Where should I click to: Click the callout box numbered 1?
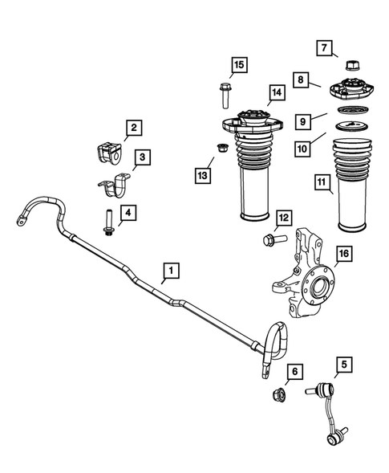coord(169,271)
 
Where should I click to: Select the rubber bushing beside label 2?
coord(105,153)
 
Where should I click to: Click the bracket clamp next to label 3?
coord(115,193)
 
